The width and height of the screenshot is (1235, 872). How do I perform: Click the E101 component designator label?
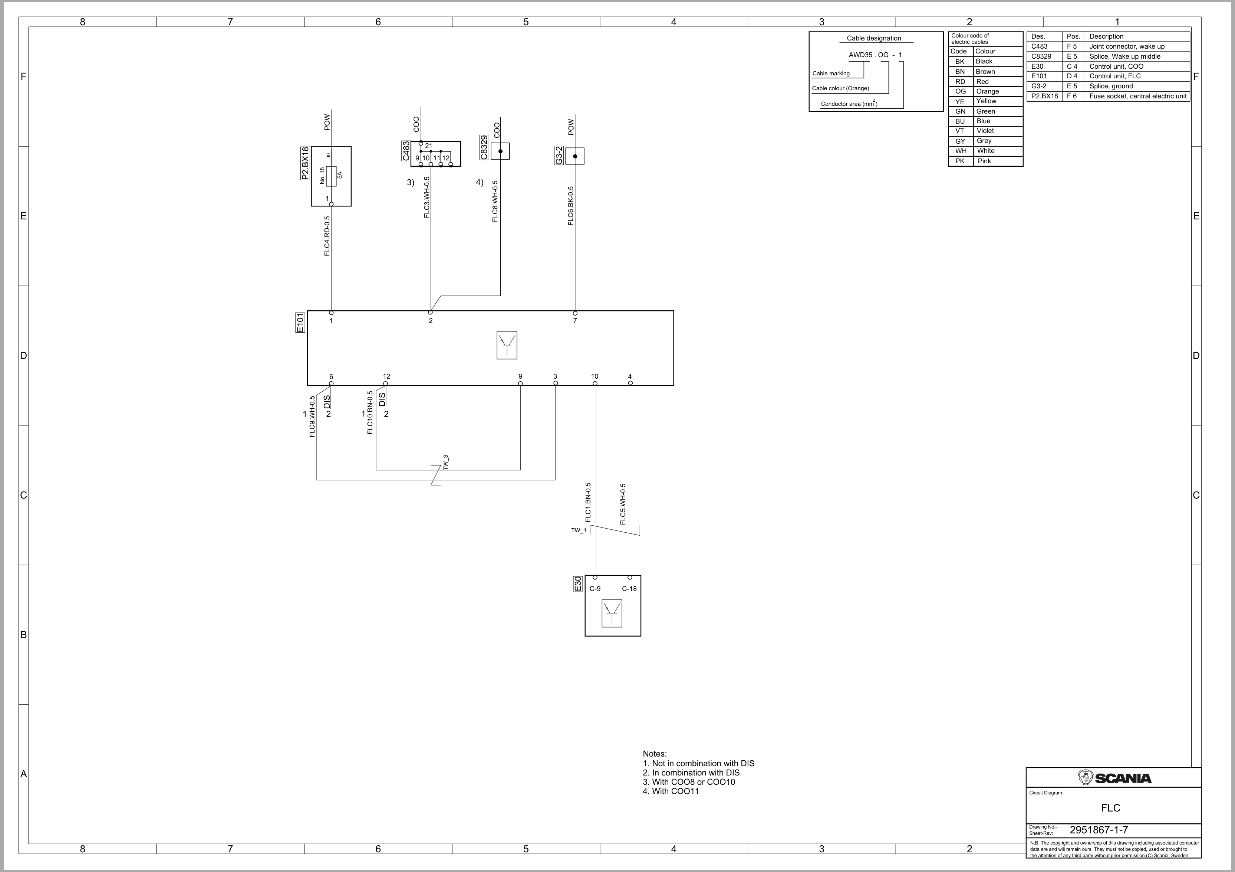[300, 323]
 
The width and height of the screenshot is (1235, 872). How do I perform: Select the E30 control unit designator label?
[578, 584]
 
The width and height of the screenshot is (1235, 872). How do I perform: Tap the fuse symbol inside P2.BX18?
[331, 176]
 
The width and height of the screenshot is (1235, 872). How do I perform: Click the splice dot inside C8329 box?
[500, 151]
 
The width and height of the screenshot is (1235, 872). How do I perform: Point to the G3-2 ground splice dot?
[575, 156]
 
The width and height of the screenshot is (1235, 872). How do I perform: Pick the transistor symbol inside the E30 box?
[612, 613]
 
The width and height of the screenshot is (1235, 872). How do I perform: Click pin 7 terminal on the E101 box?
[575, 313]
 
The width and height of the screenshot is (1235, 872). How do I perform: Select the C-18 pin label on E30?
[629, 589]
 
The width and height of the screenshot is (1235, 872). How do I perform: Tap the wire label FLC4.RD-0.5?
[327, 236]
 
